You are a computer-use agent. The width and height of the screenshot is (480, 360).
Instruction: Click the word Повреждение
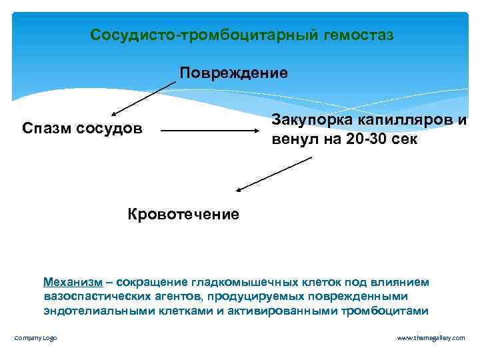(233, 73)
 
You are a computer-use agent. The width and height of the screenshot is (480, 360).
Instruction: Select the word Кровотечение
(183, 214)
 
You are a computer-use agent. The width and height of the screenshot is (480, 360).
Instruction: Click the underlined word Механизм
(72, 283)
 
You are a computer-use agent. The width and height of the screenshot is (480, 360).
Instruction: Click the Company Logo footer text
(35, 338)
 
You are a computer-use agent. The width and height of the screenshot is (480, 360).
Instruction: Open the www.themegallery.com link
(431, 338)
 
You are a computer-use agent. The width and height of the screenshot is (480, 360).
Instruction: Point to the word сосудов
(112, 127)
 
